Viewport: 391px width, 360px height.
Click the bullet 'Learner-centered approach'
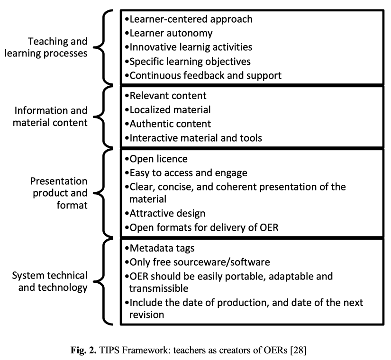click(189, 19)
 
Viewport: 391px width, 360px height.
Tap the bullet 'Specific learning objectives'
click(188, 62)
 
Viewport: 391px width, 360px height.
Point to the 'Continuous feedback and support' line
click(203, 75)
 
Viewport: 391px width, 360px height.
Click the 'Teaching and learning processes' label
click(46, 47)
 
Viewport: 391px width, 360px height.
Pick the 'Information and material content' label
click(50, 117)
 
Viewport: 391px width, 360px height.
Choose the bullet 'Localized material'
click(168, 110)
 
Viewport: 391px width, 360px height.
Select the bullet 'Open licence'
click(156, 159)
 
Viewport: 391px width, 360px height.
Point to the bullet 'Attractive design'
click(165, 214)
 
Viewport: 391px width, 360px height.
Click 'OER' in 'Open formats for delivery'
click(269, 228)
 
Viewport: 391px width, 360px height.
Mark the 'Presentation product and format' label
click(59, 193)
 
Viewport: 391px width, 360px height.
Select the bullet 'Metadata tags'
click(160, 248)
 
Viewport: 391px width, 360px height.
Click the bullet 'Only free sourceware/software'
click(198, 262)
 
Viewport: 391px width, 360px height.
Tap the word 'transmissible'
click(159, 288)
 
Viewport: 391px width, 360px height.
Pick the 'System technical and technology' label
click(50, 281)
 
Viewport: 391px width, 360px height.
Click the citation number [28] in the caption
click(298, 350)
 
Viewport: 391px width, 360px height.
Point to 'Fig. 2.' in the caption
click(83, 350)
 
